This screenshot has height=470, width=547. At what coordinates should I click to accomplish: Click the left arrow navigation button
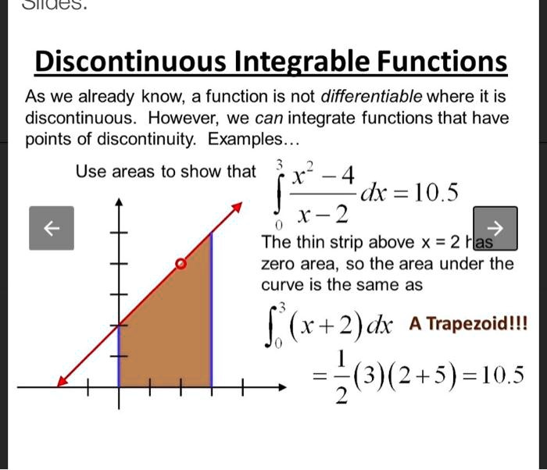[52, 228]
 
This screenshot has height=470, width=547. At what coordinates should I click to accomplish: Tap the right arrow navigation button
[495, 228]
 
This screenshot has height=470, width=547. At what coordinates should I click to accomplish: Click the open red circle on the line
[181, 264]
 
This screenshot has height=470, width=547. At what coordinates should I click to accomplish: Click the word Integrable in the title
[302, 62]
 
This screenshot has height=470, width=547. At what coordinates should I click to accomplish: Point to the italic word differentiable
[371, 96]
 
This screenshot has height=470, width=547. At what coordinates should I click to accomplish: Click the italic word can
[269, 119]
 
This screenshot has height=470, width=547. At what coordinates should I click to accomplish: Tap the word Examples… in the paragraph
[253, 140]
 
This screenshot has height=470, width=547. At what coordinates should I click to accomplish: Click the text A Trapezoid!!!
[468, 323]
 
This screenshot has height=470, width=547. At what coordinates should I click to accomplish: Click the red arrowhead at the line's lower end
[62, 382]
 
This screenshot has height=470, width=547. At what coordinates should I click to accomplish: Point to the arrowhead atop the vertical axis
[120, 202]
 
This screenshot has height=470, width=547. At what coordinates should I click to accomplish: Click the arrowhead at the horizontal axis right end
[282, 387]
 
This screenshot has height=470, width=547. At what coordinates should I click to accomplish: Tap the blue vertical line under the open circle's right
[212, 310]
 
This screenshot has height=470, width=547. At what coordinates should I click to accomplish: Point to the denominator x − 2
[323, 215]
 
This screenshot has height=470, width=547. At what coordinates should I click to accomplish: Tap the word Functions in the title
[442, 62]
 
